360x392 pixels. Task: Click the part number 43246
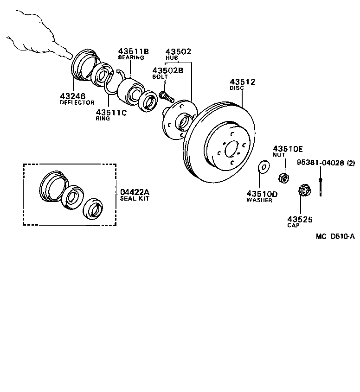tap(73, 96)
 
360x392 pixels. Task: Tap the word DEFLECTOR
tap(77, 102)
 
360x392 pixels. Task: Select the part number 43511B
tap(133, 51)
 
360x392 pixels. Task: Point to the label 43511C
tap(111, 112)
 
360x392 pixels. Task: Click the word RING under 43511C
tap(103, 119)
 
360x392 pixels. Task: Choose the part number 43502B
tap(168, 70)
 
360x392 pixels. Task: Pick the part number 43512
tap(242, 82)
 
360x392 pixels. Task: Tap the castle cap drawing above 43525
tap(303, 190)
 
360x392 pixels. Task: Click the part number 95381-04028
tap(321, 163)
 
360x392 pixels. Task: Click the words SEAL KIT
tap(134, 198)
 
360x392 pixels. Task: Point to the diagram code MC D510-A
tap(335, 236)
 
